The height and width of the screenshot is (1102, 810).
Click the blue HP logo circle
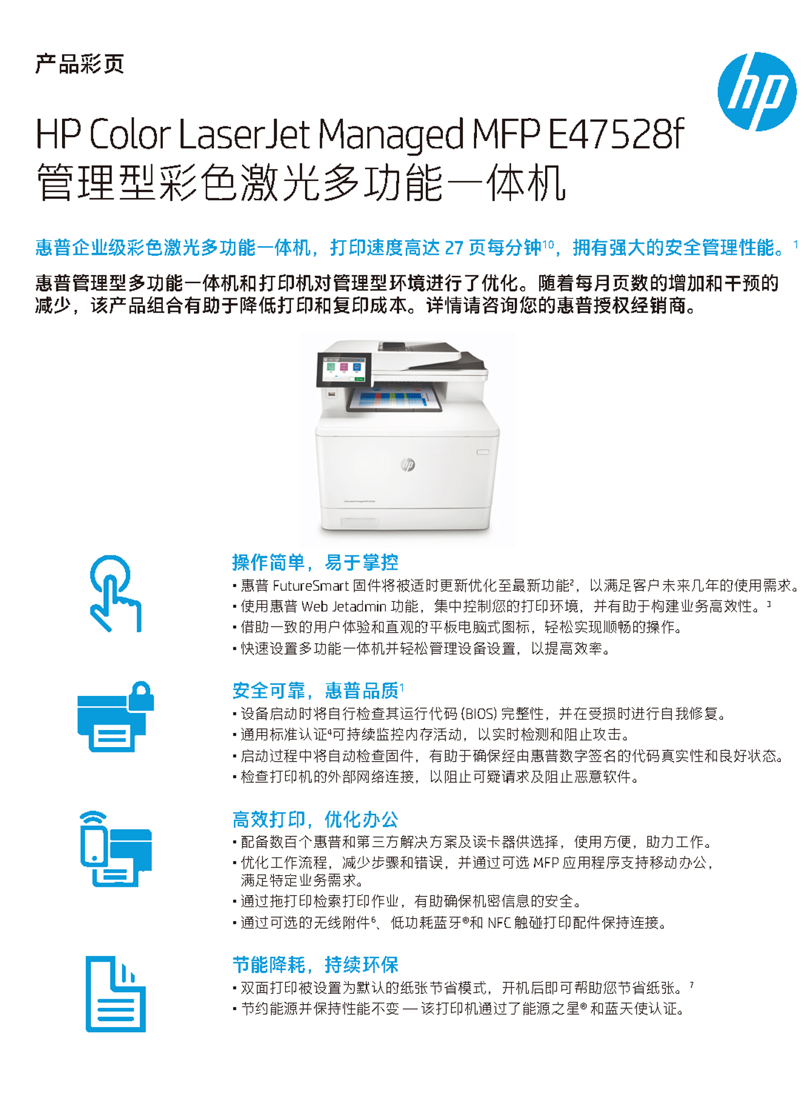point(757,92)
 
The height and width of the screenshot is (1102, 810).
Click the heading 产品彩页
point(80,64)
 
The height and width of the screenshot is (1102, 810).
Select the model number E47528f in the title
point(616,134)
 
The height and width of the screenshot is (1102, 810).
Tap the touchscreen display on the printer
point(344,369)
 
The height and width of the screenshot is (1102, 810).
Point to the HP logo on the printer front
point(408,465)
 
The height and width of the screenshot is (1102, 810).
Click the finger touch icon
point(115,593)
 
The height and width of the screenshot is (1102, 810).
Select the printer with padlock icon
point(115,717)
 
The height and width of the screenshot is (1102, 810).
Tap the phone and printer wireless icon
point(115,849)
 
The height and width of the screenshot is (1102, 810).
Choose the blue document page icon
point(115,994)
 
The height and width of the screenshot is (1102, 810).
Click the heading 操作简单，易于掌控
point(315,562)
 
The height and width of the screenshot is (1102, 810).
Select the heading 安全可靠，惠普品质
point(315,690)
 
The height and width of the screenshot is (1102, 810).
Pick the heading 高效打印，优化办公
point(315,819)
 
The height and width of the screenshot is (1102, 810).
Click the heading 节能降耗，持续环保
point(315,965)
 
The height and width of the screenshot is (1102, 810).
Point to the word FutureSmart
point(311,586)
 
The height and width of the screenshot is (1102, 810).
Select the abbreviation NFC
point(499,923)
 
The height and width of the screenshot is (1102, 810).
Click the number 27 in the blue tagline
point(455,248)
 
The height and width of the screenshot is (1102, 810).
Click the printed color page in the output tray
point(396,399)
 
